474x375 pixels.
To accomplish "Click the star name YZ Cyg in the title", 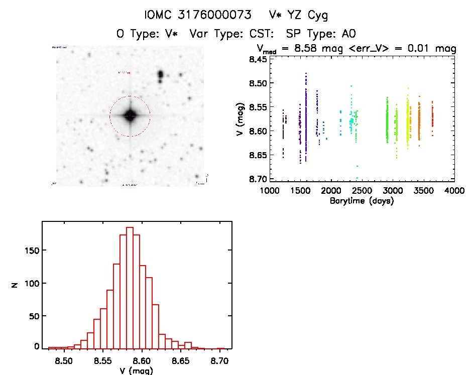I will click(x=306, y=16).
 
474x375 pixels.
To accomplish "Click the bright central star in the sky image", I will click(x=130, y=115).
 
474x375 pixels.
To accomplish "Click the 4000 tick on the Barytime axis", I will click(x=454, y=191).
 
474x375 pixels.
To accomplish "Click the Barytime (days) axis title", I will click(x=362, y=201).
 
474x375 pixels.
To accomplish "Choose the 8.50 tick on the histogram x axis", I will click(x=63, y=360).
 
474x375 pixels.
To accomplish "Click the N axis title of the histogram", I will click(x=16, y=284).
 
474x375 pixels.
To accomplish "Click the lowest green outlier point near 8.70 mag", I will click(x=357, y=178).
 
